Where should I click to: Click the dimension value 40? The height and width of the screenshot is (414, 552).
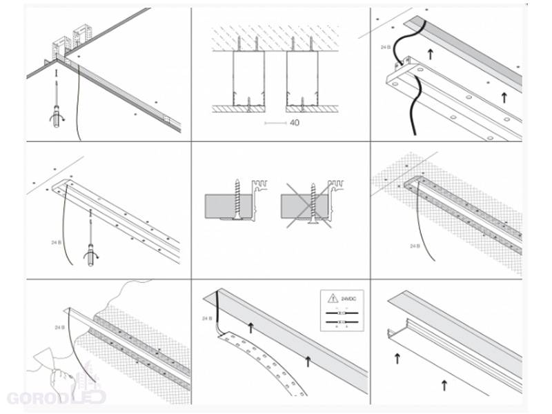(295, 123)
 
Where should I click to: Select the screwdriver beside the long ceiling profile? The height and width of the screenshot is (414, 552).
(90, 242)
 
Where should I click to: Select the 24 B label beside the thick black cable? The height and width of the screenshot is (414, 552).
(385, 48)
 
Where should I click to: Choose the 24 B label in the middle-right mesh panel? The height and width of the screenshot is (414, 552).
(415, 246)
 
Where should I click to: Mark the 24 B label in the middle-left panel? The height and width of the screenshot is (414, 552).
(57, 241)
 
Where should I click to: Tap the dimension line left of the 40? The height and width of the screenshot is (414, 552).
(275, 123)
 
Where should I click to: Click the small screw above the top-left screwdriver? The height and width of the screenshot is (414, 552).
(55, 70)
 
